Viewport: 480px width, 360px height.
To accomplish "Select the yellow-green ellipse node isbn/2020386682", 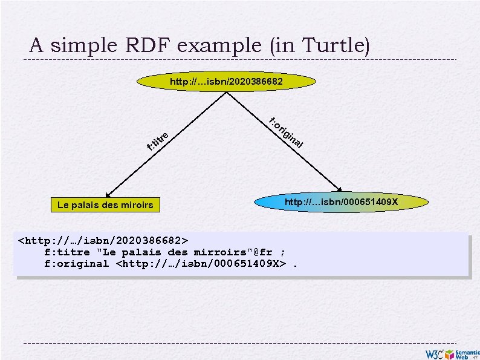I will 226,80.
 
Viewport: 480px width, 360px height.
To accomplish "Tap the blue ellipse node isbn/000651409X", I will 342,201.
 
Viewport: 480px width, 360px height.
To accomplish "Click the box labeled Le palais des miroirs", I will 105,205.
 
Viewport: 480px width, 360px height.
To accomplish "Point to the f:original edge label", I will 286,133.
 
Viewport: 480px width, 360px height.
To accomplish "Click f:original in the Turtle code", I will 76,263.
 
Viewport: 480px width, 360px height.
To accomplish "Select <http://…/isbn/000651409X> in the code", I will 200,263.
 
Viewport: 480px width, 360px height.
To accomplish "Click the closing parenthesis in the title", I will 366,45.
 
